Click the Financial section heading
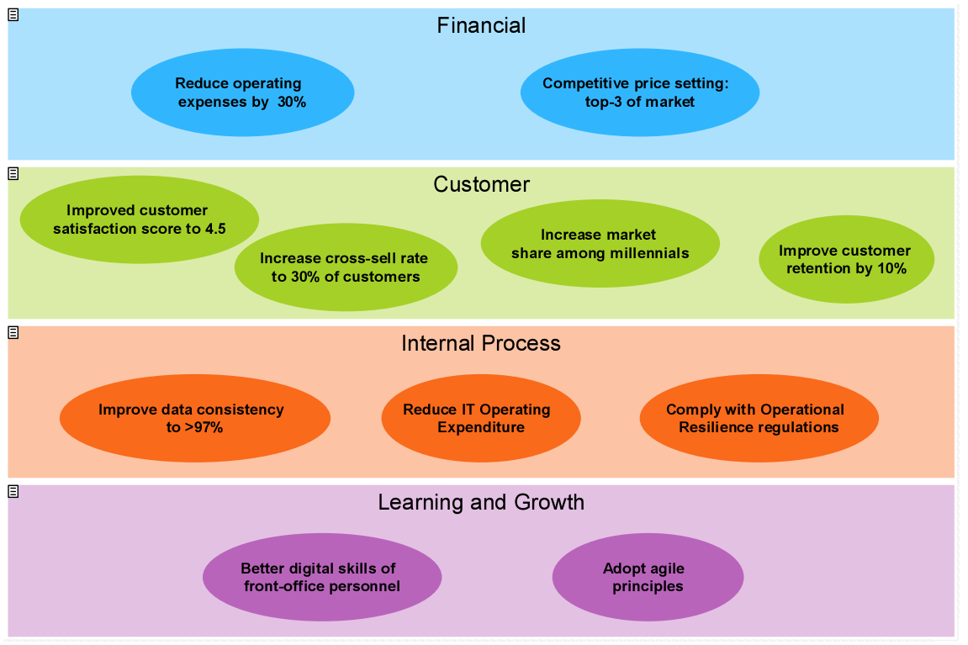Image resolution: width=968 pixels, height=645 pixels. pos(481,25)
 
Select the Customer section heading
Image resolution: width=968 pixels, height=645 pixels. pos(481,184)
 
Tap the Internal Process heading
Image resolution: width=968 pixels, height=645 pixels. pos(481,343)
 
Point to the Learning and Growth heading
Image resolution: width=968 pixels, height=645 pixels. pos(481,502)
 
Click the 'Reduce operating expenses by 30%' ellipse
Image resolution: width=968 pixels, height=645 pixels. pos(242,93)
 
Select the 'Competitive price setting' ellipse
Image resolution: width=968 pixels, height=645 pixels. pos(639,93)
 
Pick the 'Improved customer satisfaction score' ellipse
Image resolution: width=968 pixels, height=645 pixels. pos(139,219)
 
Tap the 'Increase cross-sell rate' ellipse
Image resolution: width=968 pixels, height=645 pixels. pos(345,267)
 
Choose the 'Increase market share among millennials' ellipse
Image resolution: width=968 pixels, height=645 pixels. pos(600,244)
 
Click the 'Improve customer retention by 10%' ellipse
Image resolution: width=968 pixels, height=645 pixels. pos(845,260)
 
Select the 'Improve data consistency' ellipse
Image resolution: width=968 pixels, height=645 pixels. pos(194,418)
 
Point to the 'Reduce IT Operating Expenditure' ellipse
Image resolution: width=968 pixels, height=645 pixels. pos(480,418)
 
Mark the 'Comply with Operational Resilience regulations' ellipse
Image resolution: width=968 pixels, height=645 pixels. pos(759,418)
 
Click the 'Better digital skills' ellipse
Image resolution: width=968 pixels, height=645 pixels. pos(321,577)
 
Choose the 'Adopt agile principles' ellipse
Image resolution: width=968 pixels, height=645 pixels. pos(647,577)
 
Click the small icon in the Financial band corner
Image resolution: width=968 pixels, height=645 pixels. pos(13,15)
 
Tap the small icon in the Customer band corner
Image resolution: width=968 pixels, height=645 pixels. pos(13,174)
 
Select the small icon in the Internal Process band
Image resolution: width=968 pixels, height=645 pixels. pos(13,333)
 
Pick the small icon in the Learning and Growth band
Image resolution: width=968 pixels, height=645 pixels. pos(13,491)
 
